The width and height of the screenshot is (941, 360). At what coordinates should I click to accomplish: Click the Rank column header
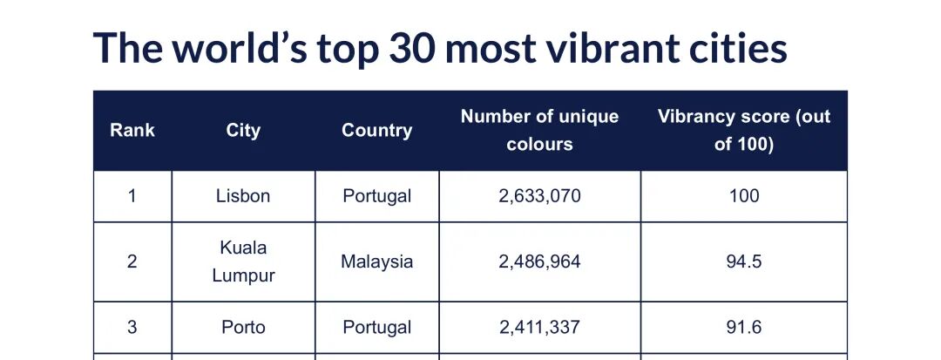[x=132, y=131]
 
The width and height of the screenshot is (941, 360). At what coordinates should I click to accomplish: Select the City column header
[x=243, y=131]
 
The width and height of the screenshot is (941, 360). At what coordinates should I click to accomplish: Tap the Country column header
[x=376, y=131]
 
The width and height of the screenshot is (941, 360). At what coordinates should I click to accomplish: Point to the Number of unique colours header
[x=539, y=130]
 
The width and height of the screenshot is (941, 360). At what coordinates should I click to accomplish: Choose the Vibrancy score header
[x=743, y=130]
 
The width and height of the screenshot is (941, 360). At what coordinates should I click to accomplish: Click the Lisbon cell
[x=243, y=196]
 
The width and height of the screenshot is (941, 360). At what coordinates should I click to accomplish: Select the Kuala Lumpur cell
[x=243, y=262]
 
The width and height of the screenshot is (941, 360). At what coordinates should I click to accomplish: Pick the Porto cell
[x=243, y=328]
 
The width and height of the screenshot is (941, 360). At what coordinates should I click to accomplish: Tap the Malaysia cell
[x=376, y=262]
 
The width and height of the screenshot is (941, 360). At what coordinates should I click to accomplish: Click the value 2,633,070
[x=539, y=196]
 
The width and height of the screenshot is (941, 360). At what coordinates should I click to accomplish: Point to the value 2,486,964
[x=539, y=262]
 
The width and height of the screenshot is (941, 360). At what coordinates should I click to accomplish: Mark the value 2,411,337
[x=539, y=328]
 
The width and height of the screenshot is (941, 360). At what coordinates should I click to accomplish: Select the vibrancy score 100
[x=743, y=196]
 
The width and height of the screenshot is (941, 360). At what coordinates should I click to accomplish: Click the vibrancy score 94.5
[x=743, y=262]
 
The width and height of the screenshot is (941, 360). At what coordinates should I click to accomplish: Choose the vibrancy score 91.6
[x=743, y=328]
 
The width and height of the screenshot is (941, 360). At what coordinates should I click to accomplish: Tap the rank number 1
[x=132, y=196]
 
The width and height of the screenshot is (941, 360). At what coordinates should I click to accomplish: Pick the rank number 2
[x=132, y=262]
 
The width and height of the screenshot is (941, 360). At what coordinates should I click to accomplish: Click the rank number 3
[x=132, y=328]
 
